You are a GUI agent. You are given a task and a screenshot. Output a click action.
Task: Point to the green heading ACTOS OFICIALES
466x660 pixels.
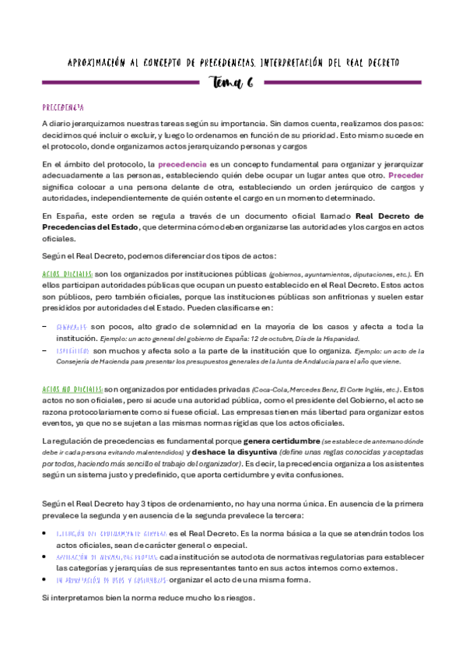point(68,274)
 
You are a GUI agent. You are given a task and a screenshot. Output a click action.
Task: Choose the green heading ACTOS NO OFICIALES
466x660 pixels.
point(72,388)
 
